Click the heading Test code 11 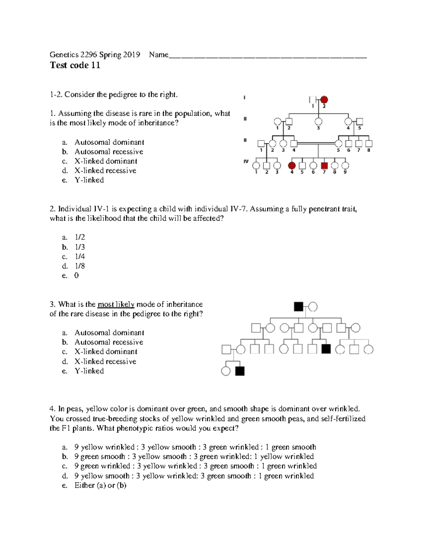pyautogui.click(x=75, y=66)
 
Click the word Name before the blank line pyautogui.click(x=159, y=55)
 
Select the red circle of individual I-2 pyautogui.click(x=324, y=99)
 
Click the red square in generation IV pyautogui.click(x=324, y=165)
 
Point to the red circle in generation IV pyautogui.click(x=292, y=165)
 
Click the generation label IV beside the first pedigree pyautogui.click(x=246, y=162)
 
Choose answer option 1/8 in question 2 pyautogui.click(x=80, y=266)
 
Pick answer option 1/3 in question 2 pyautogui.click(x=80, y=247)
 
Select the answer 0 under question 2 pyautogui.click(x=77, y=276)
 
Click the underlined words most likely pyautogui.click(x=116, y=305)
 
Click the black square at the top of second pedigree pyautogui.click(x=298, y=307)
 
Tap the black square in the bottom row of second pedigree pyautogui.click(x=240, y=371)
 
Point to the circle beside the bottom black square pyautogui.click(x=226, y=371)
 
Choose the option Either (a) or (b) pyautogui.click(x=100, y=485)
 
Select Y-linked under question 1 pyautogui.click(x=89, y=180)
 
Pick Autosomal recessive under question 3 pyautogui.click(x=109, y=342)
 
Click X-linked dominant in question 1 pyautogui.click(x=105, y=161)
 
